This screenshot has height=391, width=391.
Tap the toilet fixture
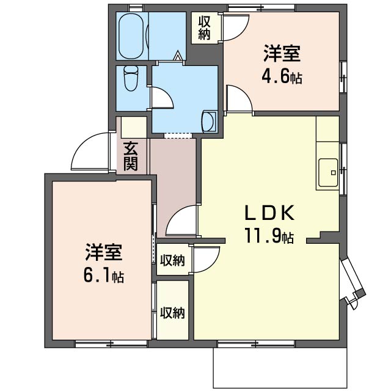[x=131, y=78]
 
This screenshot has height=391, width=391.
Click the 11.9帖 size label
[x=270, y=235]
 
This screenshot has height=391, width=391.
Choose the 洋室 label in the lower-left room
[x=104, y=252]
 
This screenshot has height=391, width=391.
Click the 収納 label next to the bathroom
[x=204, y=27]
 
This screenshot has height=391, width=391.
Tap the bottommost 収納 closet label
[x=172, y=313]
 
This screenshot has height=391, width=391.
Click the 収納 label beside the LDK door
[x=172, y=260]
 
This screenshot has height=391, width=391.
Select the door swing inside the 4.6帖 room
[x=238, y=98]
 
